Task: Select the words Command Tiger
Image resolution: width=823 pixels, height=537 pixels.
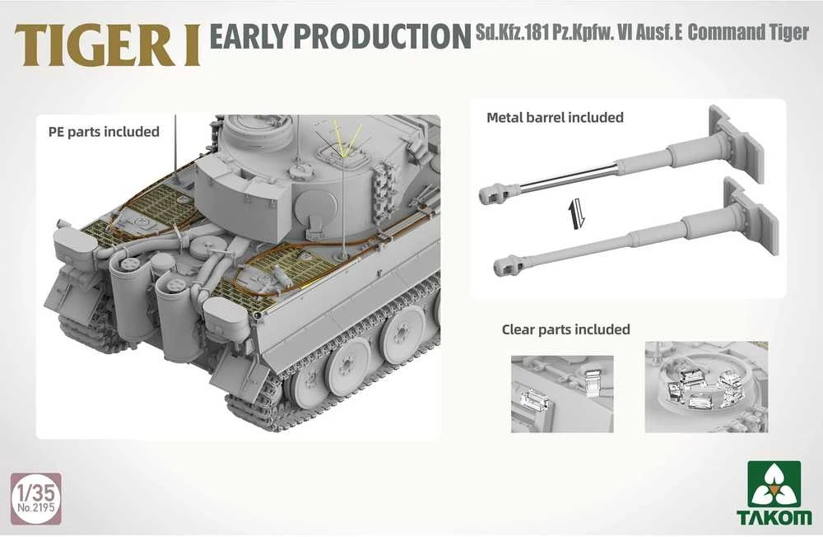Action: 748,32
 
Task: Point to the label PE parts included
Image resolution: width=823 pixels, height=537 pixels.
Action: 104,131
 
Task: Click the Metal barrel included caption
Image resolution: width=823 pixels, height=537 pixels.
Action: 555,117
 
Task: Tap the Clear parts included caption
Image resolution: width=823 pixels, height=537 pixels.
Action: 566,329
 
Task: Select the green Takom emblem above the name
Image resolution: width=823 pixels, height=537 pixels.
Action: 774,483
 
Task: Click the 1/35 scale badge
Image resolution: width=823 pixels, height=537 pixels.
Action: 35,498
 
